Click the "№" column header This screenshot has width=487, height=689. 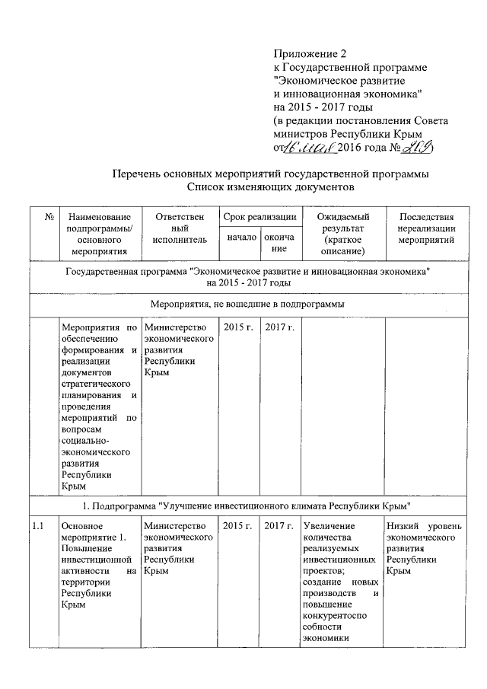point(48,219)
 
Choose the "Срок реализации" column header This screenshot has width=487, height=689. point(259,218)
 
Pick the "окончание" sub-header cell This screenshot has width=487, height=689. point(279,243)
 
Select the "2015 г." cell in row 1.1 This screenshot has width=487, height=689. point(239,526)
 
